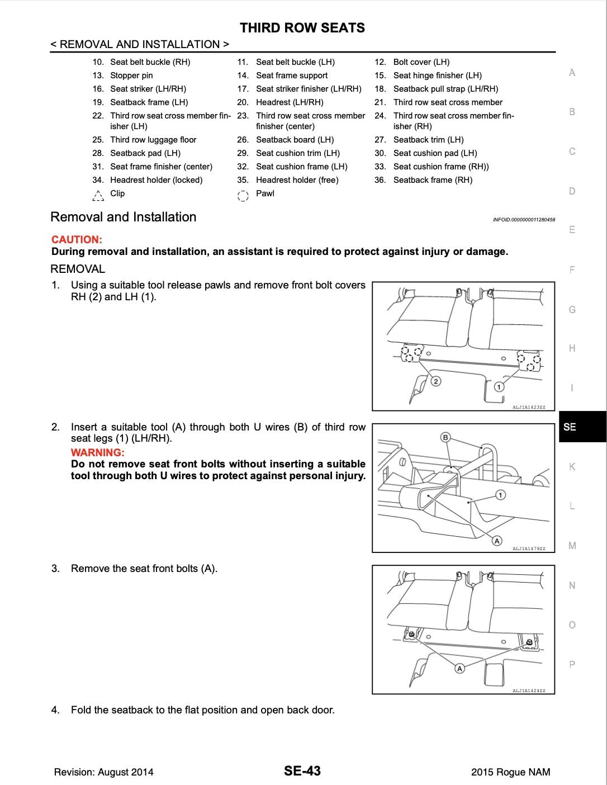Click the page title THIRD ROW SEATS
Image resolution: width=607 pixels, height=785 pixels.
pyautogui.click(x=302, y=28)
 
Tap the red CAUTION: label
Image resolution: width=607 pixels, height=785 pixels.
pyautogui.click(x=77, y=239)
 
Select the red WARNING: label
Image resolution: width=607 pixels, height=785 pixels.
pyautogui.click(x=97, y=452)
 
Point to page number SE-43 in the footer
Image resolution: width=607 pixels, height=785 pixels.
pyautogui.click(x=302, y=771)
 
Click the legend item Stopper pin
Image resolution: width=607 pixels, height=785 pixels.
pyautogui.click(x=131, y=75)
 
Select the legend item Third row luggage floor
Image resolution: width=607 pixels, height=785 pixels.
pyautogui.click(x=153, y=140)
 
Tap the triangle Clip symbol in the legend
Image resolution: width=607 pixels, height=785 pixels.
pyautogui.click(x=98, y=195)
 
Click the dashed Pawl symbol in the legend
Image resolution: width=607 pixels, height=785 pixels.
pyautogui.click(x=243, y=195)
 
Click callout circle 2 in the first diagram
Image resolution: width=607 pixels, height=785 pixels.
pyautogui.click(x=436, y=381)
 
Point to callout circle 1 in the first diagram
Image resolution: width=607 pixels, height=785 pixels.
pyautogui.click(x=499, y=386)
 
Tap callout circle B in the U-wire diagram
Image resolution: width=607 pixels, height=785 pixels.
pyautogui.click(x=445, y=437)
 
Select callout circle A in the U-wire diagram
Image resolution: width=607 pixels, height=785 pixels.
pyautogui.click(x=496, y=540)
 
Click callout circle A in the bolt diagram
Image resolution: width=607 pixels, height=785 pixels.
pyautogui.click(x=459, y=668)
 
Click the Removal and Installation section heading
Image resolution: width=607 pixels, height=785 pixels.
pyautogui.click(x=123, y=217)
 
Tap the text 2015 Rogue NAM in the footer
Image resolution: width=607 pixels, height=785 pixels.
pyautogui.click(x=510, y=772)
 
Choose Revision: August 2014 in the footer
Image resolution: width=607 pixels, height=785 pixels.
pyautogui.click(x=103, y=772)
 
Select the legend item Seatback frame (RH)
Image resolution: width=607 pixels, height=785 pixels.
pyautogui.click(x=433, y=180)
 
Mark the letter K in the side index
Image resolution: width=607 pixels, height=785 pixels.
pyautogui.click(x=572, y=467)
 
